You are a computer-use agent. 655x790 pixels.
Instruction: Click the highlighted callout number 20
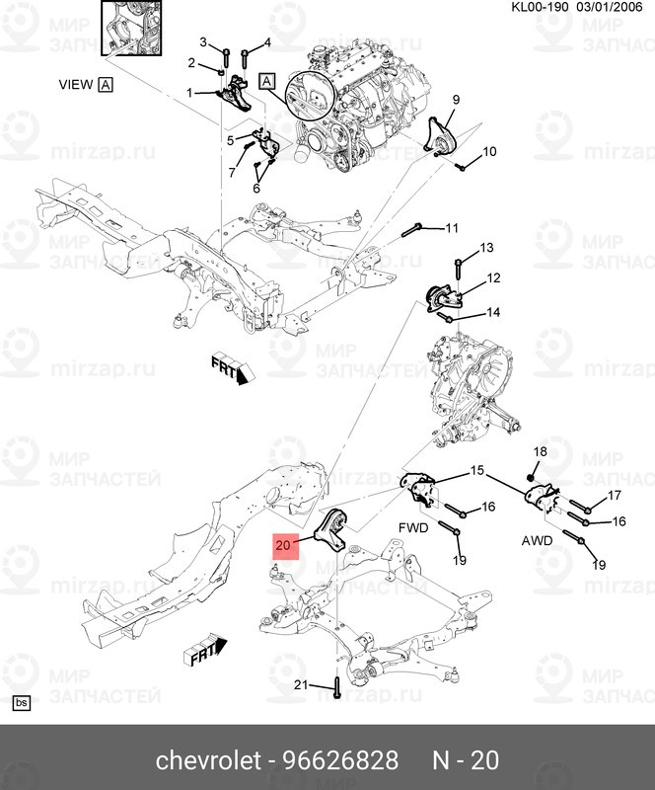[x=284, y=544]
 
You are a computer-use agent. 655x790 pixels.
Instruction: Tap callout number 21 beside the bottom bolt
[x=302, y=685]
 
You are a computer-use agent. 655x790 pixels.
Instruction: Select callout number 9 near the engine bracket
[x=457, y=100]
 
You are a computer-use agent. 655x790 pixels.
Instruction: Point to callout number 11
[x=452, y=228]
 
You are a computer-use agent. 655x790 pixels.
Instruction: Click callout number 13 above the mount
[x=486, y=247]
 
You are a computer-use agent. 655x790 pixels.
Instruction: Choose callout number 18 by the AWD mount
[x=539, y=451]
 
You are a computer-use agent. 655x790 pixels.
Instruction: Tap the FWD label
[x=413, y=528]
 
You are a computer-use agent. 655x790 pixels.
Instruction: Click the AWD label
[x=538, y=542]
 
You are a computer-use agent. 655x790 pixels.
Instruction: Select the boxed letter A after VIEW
[x=106, y=85]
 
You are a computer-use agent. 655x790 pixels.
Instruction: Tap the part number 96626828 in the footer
[x=340, y=760]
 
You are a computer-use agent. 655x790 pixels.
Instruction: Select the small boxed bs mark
[x=21, y=703]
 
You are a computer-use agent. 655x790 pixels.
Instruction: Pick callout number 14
[x=492, y=312]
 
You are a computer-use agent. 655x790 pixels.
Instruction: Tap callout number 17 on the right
[x=614, y=495]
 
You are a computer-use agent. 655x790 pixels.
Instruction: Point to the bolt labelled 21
[x=336, y=686]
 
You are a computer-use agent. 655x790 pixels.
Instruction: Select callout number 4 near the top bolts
[x=266, y=42]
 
